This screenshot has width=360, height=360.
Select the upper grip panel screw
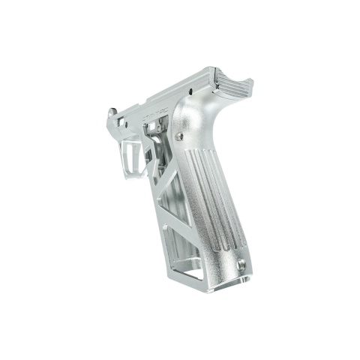(x=180, y=136)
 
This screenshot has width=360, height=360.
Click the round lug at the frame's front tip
(x=112, y=115)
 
